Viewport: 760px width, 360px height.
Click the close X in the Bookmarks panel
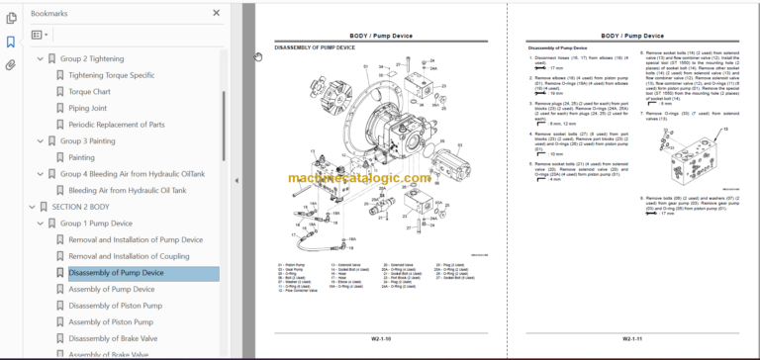coord(217,14)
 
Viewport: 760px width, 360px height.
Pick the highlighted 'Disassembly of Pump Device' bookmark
coord(117,273)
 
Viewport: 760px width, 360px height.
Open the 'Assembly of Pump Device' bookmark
coord(112,289)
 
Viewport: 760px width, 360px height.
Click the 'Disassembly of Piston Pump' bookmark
coord(117,306)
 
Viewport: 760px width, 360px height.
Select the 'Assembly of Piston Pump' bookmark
coord(112,321)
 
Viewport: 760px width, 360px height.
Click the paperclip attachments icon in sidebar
coord(11,66)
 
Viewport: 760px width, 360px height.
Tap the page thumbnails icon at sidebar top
coord(11,18)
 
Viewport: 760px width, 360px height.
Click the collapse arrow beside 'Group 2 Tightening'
coord(41,59)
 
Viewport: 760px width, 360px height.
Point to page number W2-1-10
coord(380,339)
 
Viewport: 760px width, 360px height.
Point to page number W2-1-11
coord(635,339)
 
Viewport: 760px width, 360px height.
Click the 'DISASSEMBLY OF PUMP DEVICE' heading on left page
coord(315,47)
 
